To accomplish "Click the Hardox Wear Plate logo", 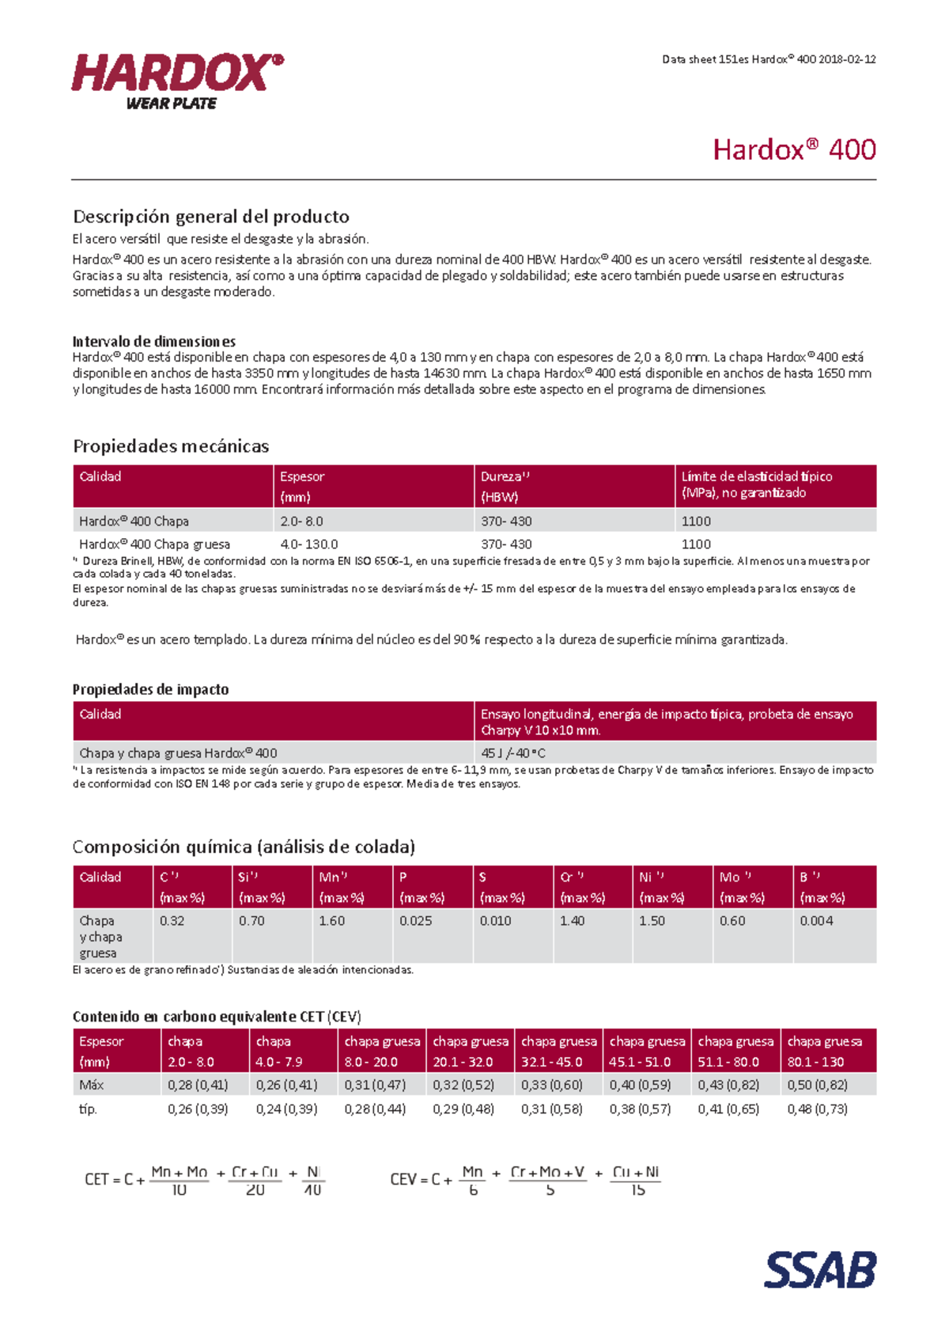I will tap(177, 81).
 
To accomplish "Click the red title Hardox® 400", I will tap(794, 150).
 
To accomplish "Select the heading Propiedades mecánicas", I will tap(171, 446).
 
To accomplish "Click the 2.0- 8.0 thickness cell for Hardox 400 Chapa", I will tap(301, 521).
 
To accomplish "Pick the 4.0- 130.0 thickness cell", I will tap(308, 544).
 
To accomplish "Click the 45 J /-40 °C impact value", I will tap(513, 753).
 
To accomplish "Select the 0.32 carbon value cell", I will tap(172, 921).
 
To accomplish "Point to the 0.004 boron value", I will tap(816, 921).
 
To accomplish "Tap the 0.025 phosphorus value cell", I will tap(416, 921).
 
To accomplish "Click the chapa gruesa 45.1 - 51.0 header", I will tap(647, 1052).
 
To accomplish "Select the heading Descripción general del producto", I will tap(211, 217).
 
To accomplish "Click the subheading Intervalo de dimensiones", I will tap(154, 342).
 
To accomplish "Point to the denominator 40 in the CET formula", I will tap(312, 1190).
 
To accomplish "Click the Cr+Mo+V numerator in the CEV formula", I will tap(547, 1172).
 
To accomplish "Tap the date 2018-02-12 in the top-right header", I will tap(847, 59).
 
